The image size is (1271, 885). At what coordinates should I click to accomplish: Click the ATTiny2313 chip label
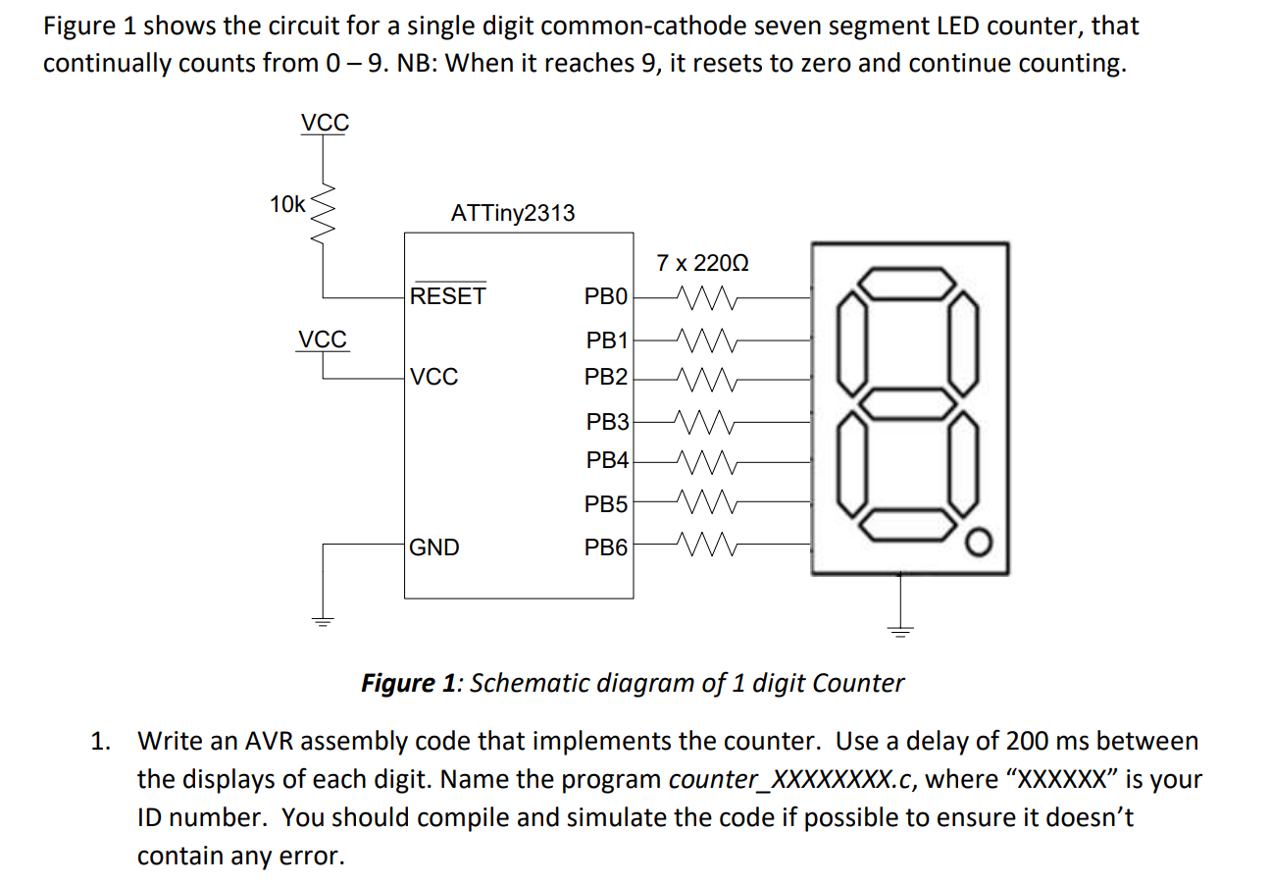pos(512,213)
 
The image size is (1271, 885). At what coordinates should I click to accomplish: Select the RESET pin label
pos(447,295)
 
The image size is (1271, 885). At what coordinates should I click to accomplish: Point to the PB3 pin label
pos(608,422)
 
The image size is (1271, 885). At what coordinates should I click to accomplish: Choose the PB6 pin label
pos(606,547)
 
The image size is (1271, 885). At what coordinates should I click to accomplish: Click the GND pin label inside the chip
pos(433,547)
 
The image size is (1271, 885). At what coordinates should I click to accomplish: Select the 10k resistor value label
pos(287,205)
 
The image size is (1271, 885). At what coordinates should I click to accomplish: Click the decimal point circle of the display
pos(977,541)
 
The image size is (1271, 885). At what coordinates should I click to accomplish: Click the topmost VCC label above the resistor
pos(324,123)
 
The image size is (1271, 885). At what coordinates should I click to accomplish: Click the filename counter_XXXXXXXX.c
pos(791,780)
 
